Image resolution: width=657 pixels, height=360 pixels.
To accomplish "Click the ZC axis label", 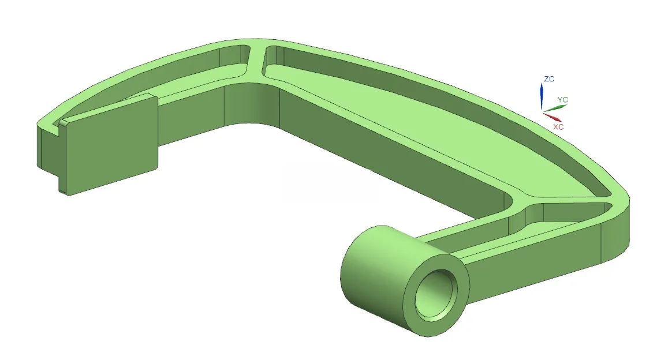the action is tap(549, 79).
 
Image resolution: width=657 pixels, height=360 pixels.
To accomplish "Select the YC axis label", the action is tap(562, 100).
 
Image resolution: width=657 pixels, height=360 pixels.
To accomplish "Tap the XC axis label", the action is tap(558, 126).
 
